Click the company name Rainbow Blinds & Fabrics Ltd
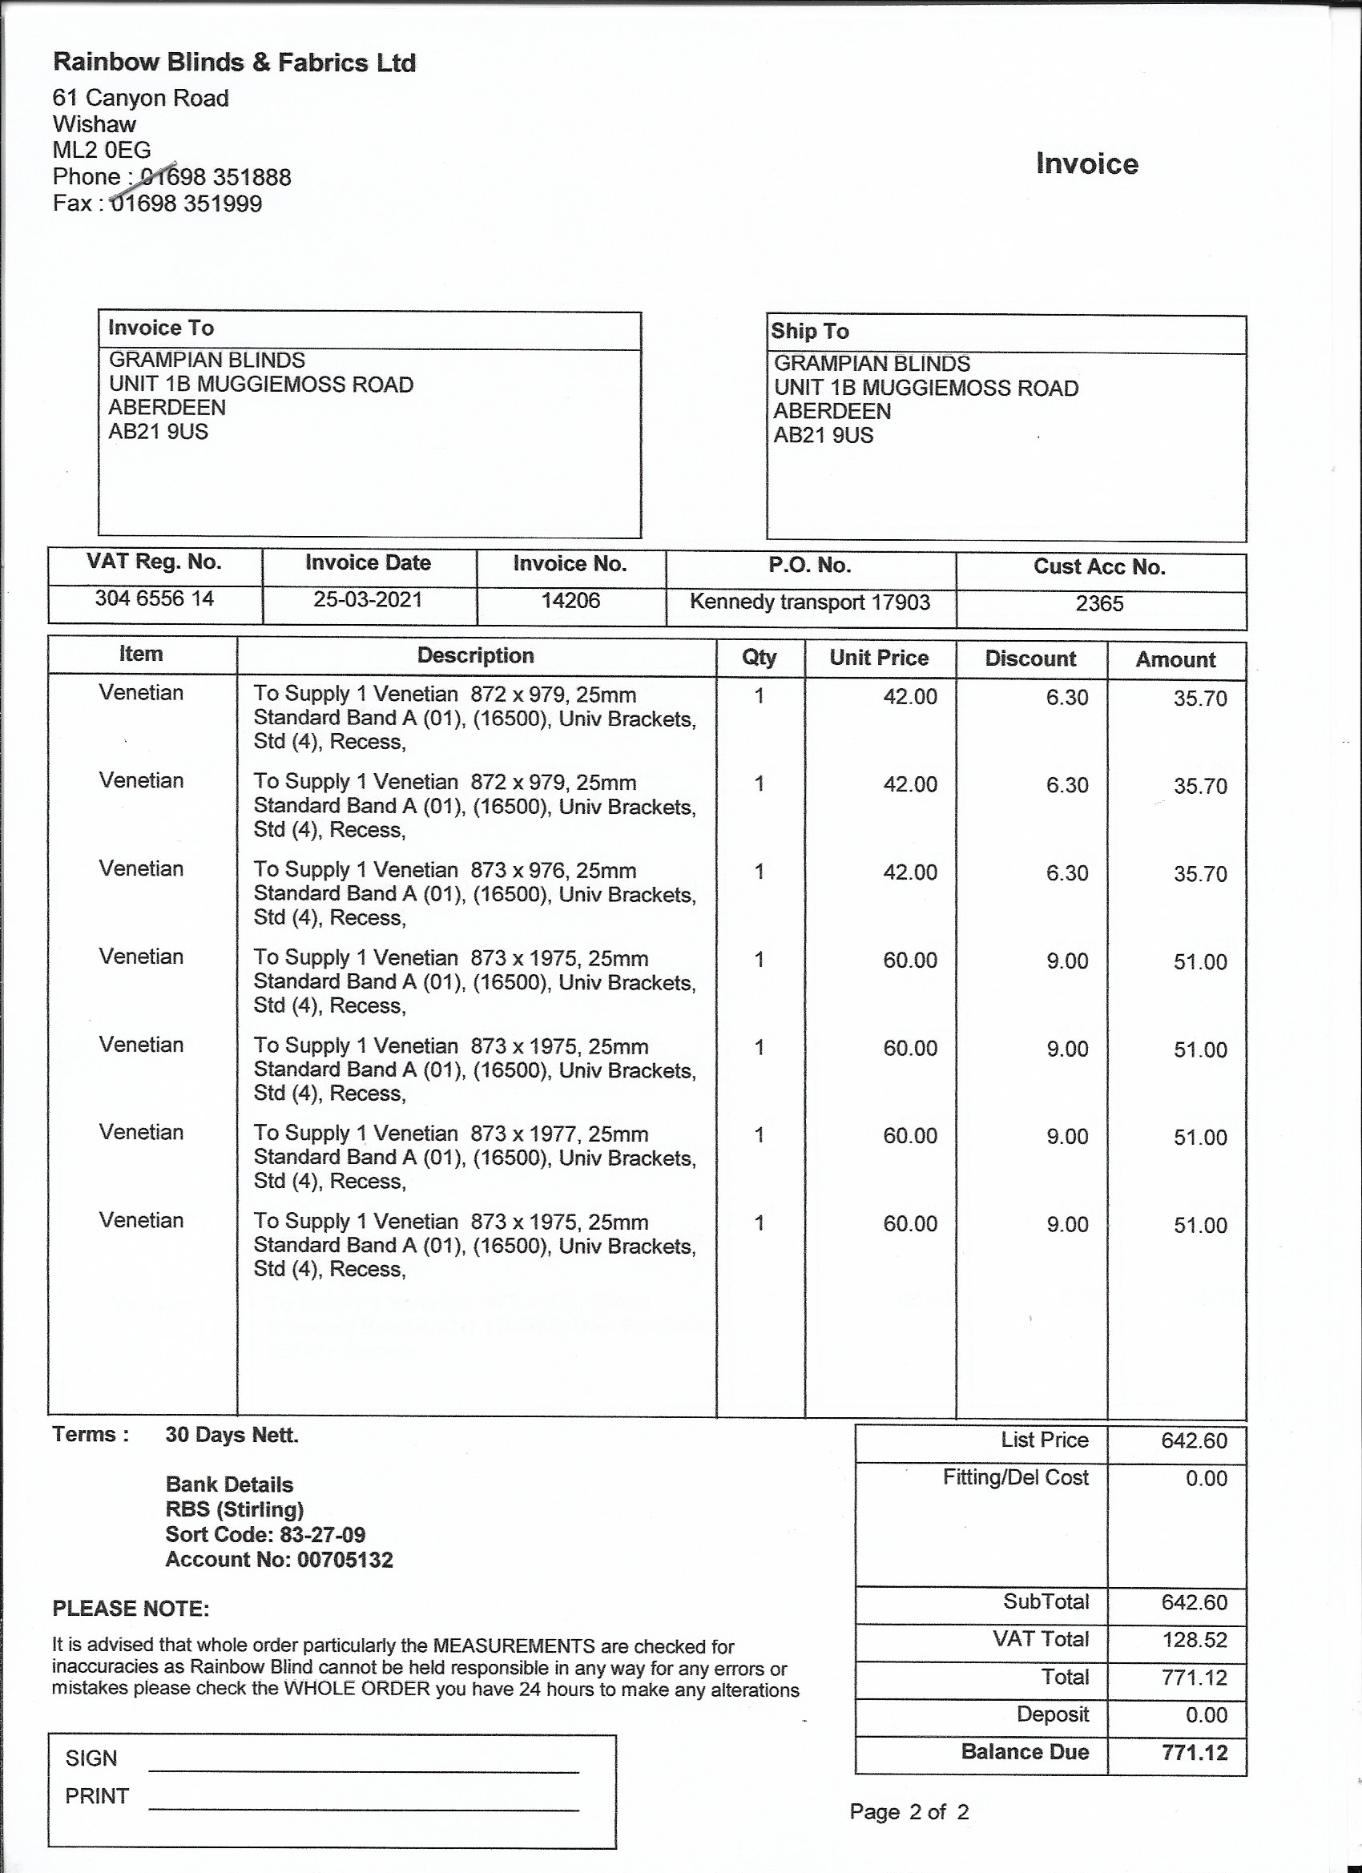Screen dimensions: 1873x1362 [235, 62]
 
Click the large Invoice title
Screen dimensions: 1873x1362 [1087, 163]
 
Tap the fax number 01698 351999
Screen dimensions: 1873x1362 [186, 203]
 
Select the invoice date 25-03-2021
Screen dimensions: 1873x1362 [368, 599]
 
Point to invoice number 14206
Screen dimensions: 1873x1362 [570, 600]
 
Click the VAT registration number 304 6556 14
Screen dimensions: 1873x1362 [155, 598]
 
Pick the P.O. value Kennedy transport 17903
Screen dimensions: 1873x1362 [810, 602]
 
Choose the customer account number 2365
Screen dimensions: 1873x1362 [1099, 604]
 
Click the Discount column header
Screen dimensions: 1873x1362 [1030, 659]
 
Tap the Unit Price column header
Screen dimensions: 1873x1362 [879, 658]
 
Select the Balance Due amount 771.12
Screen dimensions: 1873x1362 [1195, 1752]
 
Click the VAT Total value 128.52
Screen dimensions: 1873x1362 [1195, 1639]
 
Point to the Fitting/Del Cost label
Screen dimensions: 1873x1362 [1015, 1477]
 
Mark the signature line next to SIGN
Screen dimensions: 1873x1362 [364, 1770]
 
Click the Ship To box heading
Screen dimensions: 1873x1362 [809, 331]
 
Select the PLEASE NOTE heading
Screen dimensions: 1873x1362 [131, 1608]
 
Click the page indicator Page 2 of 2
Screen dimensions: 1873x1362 [909, 1812]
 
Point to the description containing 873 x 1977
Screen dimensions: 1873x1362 [475, 1157]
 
